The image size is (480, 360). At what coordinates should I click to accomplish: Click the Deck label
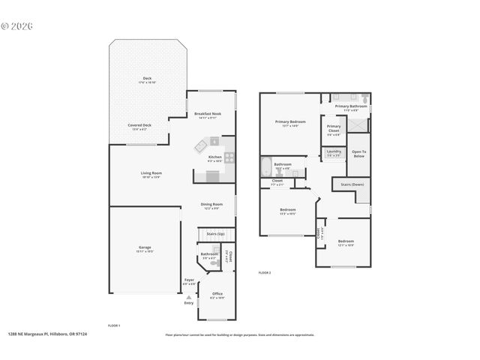(147, 79)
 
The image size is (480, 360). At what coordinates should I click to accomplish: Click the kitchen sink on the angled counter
(202, 145)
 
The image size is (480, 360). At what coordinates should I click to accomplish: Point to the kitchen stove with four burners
(229, 157)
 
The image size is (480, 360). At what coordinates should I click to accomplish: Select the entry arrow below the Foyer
(188, 297)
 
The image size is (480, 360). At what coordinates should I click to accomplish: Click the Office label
(217, 293)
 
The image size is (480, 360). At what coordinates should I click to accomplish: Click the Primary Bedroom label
(289, 122)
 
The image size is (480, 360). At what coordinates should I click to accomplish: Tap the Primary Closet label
(334, 128)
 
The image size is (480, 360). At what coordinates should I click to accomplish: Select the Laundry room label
(334, 151)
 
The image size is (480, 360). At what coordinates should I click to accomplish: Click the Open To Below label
(358, 153)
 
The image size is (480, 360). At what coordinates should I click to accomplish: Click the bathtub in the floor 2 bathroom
(268, 166)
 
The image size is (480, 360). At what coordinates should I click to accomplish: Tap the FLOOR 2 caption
(264, 272)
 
